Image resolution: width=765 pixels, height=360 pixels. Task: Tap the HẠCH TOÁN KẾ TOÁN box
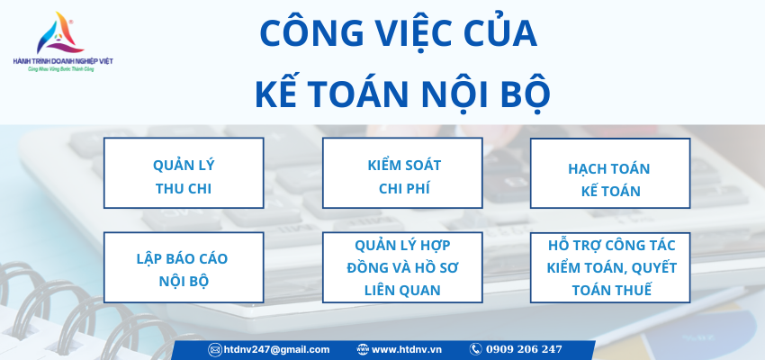(609, 178)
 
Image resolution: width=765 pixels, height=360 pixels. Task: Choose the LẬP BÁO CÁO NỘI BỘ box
(184, 269)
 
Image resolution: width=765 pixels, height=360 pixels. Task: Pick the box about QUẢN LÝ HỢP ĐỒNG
(402, 268)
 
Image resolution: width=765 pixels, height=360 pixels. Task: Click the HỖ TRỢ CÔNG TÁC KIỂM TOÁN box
(609, 268)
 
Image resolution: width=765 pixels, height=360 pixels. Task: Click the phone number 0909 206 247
(524, 349)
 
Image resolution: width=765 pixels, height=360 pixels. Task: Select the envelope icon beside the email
(215, 349)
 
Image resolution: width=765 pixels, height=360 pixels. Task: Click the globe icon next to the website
(363, 349)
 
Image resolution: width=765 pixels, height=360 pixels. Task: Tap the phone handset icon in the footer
(475, 349)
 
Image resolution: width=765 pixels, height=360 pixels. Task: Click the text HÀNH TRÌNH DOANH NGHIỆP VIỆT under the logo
(63, 60)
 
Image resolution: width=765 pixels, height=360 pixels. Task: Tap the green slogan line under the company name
(63, 69)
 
